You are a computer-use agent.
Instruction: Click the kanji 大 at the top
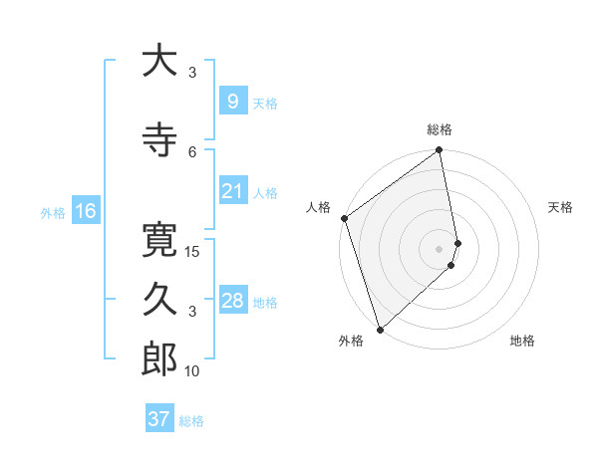pos(159,61)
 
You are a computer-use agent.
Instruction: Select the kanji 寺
pos(159,140)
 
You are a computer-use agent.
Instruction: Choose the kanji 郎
pos(159,359)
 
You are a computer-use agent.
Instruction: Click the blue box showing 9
pos(232,102)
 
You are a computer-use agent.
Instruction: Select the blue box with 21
pos(232,191)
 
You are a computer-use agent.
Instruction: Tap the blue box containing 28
pos(232,301)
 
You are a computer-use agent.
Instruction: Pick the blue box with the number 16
pos(85,211)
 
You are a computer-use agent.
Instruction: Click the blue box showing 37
pos(158,419)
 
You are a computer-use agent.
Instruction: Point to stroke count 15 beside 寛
pos(192,251)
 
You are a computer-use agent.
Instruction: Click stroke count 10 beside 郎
pos(192,371)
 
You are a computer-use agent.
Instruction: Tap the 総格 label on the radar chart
pos(440,129)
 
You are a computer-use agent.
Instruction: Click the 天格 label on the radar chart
pos(561,207)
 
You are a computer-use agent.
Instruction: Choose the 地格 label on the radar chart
pos(522,341)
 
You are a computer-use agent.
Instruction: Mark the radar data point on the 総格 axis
pos(440,151)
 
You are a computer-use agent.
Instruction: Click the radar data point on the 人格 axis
pos(344,218)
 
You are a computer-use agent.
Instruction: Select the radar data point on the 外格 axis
pos(379,329)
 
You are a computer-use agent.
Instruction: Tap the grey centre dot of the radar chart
pos(440,248)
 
